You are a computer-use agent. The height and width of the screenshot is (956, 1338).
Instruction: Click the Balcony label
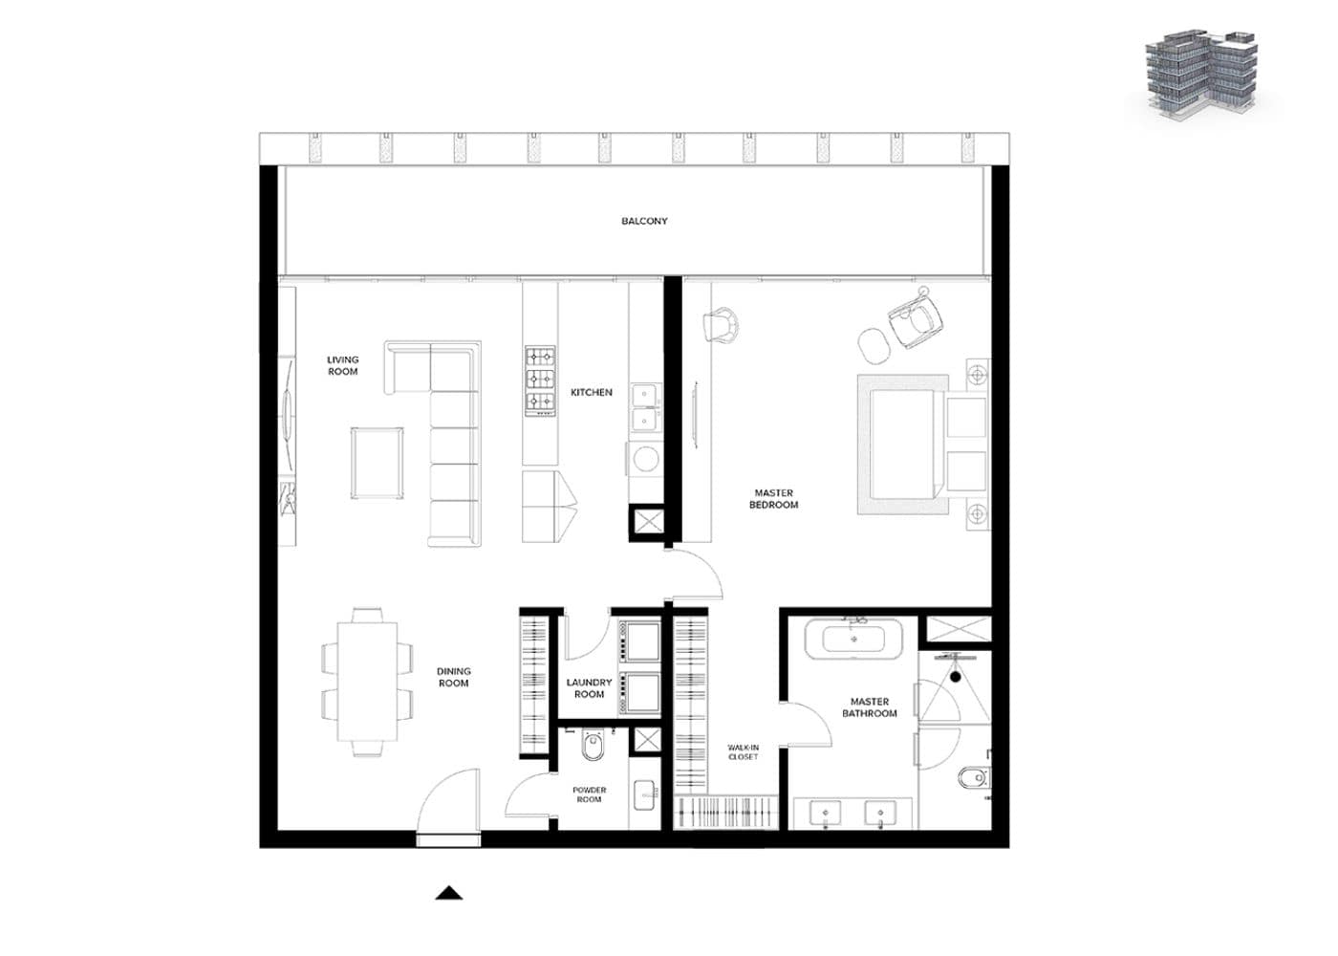point(644,221)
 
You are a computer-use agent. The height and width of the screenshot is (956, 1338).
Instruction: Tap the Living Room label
point(342,365)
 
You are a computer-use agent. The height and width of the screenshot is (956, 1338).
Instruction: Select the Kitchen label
point(592,393)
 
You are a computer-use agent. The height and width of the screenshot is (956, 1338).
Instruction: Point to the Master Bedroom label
point(773,499)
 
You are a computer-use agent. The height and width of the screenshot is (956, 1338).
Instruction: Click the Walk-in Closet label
point(744,752)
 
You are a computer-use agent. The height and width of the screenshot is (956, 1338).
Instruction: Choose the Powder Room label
point(589,794)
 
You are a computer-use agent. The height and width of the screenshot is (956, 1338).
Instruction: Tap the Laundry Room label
point(589,688)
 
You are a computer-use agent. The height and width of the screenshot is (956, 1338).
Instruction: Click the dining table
point(367,682)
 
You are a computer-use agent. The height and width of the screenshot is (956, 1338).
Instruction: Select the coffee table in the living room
point(377,463)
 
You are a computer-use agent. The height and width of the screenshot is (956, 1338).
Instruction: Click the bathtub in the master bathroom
point(853,640)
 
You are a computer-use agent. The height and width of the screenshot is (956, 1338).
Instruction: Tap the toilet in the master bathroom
point(974,778)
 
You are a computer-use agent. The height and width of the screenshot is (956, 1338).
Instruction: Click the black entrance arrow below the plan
point(448,893)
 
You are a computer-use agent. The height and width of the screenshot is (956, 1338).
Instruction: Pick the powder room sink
point(645,795)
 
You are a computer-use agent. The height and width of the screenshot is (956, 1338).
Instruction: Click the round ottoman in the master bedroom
point(874,345)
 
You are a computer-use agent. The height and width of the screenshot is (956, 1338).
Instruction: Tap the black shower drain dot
point(956,677)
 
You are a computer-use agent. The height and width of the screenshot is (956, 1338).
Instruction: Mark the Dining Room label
point(453,677)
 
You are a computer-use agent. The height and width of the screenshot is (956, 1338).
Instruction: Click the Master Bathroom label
point(869,707)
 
